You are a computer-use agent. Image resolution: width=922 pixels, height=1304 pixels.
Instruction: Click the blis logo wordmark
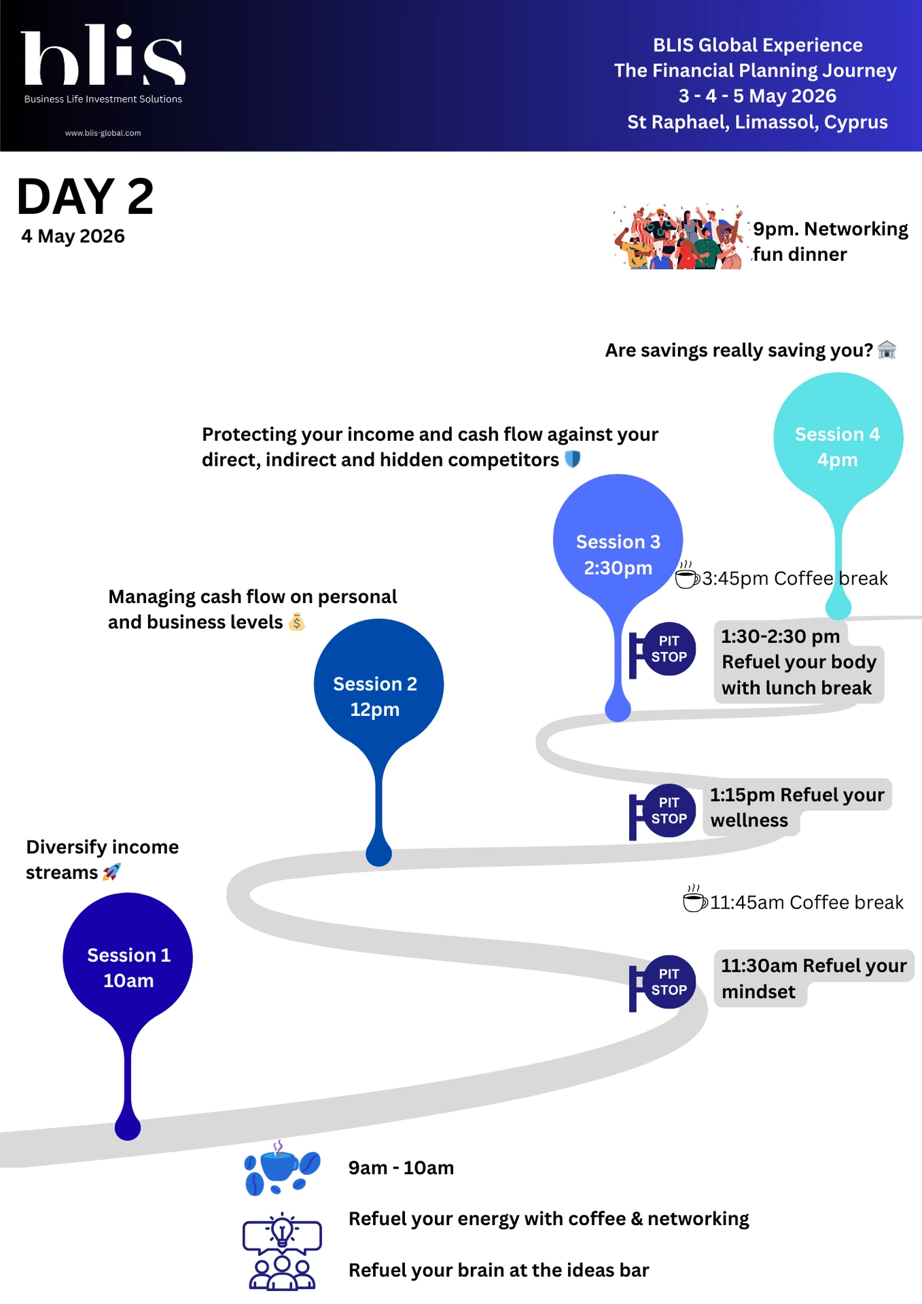pos(103,56)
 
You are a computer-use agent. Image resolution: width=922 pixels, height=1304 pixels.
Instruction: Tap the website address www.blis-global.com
pos(103,133)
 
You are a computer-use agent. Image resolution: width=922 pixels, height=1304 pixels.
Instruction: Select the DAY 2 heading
pos(86,197)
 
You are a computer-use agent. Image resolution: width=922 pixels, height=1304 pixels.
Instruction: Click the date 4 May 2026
pos(73,236)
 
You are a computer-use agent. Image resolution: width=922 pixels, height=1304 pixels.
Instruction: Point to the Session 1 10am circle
pos(128,958)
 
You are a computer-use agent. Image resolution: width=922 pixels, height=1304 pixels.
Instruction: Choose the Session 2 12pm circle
pos(378,685)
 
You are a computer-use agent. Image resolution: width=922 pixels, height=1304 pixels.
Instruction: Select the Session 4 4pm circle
pos(838,437)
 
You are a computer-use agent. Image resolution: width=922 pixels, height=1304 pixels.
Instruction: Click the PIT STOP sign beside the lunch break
pos(662,650)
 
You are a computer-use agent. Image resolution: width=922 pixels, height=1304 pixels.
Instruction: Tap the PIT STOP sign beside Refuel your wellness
pos(662,812)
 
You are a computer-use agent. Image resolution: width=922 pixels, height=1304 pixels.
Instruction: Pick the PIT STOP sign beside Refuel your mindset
pos(662,983)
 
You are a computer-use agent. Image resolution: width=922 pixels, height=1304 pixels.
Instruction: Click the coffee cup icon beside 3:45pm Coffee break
pos(687,576)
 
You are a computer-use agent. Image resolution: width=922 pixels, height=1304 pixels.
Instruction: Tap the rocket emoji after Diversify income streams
pos(111,872)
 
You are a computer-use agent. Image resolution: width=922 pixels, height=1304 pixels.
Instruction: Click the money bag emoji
pos(297,621)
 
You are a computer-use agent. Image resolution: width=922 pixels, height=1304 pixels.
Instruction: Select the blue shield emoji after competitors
pos(573,460)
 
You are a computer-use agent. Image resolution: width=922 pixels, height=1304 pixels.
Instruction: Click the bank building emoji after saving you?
pos(887,350)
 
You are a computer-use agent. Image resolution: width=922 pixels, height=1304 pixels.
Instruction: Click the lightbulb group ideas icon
pos(281,1252)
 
